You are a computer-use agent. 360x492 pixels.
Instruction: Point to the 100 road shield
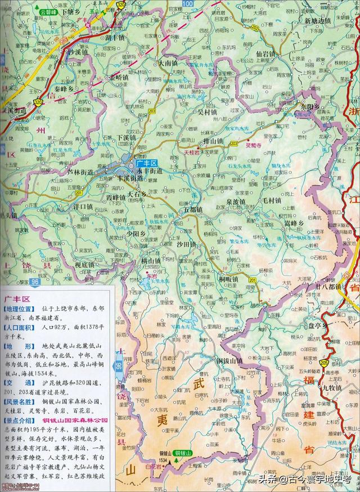tap(187, 4)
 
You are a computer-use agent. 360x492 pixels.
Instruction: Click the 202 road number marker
tap(256, 27)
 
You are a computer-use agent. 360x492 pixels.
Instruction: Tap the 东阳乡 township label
tap(309, 106)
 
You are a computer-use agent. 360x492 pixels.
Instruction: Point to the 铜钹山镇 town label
tap(228, 360)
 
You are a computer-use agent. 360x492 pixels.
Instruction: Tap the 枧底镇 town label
tap(85, 264)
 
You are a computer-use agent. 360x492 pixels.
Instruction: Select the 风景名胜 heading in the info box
tap(19, 403)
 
